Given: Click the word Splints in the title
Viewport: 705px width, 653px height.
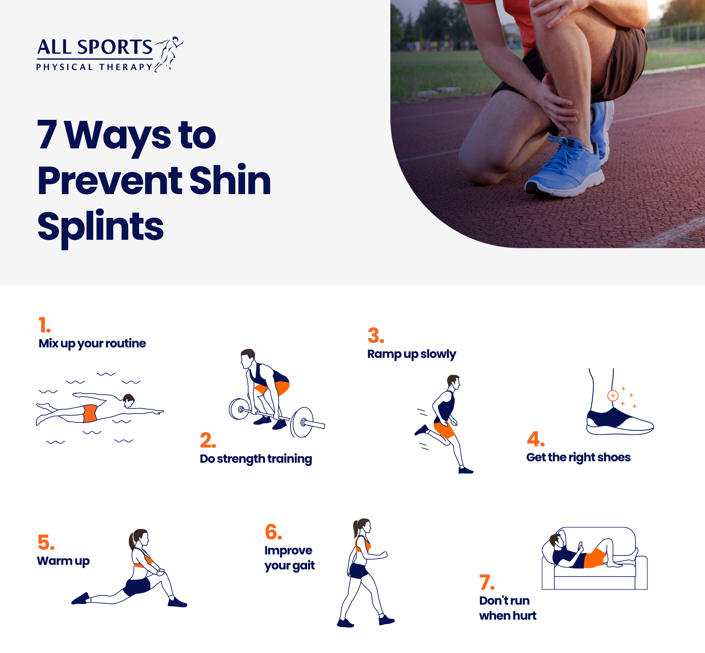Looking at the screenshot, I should point(100,226).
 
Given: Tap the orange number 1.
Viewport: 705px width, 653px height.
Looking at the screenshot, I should point(44,325).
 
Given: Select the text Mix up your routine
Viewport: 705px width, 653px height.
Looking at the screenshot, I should point(92,343).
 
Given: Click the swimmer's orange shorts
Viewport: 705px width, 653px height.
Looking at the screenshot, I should point(90,413).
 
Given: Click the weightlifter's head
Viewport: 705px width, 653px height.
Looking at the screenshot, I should point(248,358).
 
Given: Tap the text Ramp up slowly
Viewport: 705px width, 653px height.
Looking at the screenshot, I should point(412,354).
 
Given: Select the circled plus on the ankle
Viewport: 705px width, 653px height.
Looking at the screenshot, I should point(613,395).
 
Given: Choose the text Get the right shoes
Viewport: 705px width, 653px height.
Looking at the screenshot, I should point(578,457).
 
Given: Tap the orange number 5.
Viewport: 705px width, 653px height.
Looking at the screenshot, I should point(46,542).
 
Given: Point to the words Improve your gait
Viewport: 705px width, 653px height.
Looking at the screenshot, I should point(289,558).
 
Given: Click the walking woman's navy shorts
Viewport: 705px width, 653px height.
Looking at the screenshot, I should point(359,571).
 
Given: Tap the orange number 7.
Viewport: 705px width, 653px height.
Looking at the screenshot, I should point(486,582).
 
